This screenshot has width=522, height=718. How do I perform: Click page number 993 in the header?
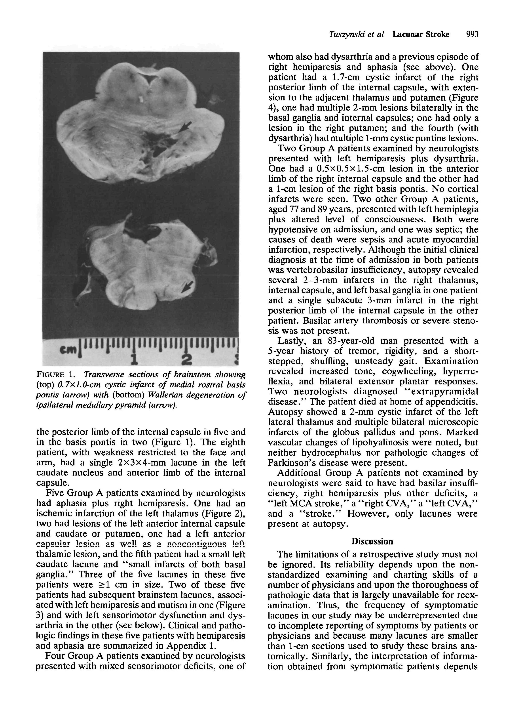[472, 34]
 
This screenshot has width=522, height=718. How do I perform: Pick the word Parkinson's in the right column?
[292, 463]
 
